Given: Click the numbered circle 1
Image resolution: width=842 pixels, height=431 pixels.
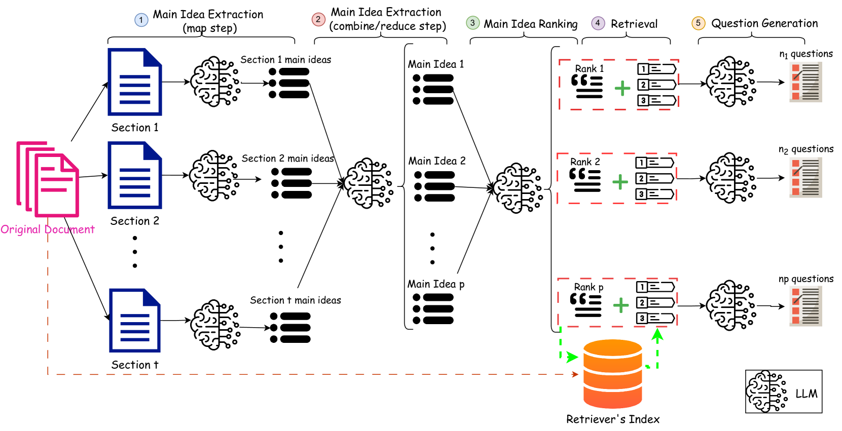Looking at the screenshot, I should click(x=141, y=20).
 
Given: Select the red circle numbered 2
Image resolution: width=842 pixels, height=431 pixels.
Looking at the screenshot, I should click(x=318, y=20).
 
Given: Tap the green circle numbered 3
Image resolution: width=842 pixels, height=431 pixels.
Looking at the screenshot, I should click(x=472, y=23).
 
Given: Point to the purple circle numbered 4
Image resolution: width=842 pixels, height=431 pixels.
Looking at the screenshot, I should click(x=598, y=23).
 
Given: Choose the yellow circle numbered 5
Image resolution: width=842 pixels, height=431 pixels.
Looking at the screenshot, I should click(x=698, y=23).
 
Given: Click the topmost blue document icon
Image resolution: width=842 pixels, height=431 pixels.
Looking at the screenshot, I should click(x=135, y=82).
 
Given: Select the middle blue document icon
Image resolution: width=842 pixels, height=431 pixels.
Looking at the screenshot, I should click(x=135, y=175).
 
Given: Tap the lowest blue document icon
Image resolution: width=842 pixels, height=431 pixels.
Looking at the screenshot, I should click(x=135, y=320).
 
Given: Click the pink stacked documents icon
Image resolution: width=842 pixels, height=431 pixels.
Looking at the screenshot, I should click(x=49, y=179).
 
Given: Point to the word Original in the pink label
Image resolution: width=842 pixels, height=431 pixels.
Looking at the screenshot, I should click(x=21, y=229).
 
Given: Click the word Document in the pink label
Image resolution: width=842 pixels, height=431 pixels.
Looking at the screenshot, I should click(x=69, y=229).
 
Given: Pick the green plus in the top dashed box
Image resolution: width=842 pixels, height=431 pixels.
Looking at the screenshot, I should click(x=623, y=89).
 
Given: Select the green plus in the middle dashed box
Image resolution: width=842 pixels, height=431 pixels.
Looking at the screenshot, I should click(x=620, y=182).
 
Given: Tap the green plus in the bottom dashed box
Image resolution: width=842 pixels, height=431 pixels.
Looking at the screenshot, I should click(x=621, y=305).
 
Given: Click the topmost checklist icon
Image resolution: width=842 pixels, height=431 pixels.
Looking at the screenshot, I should click(x=806, y=82).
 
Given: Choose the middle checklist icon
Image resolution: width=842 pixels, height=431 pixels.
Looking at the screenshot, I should click(x=806, y=177).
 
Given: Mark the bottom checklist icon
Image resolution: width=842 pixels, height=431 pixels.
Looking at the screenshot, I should click(x=806, y=306).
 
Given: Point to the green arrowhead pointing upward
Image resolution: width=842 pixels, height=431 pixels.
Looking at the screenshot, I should click(x=657, y=334).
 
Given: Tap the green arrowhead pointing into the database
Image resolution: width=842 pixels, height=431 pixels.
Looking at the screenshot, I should click(x=572, y=357).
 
